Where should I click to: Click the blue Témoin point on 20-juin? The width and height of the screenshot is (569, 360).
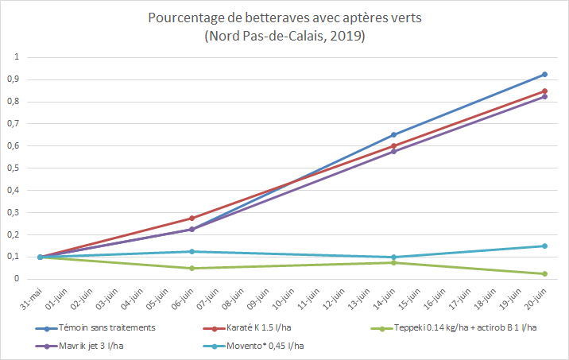pyautogui.click(x=544, y=74)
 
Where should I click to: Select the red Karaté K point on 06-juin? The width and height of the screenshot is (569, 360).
pyautogui.click(x=192, y=218)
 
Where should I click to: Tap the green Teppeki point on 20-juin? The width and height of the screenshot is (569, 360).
pyautogui.click(x=544, y=273)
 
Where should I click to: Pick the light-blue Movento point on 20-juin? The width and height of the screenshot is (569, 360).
pyautogui.click(x=544, y=246)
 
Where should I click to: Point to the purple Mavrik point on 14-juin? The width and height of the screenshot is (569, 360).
pyautogui.click(x=393, y=151)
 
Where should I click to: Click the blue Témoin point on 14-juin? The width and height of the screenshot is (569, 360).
pyautogui.click(x=393, y=134)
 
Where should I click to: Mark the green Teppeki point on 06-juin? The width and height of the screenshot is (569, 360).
pyautogui.click(x=192, y=268)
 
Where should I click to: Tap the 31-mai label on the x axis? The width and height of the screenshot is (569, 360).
pyautogui.click(x=35, y=299)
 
